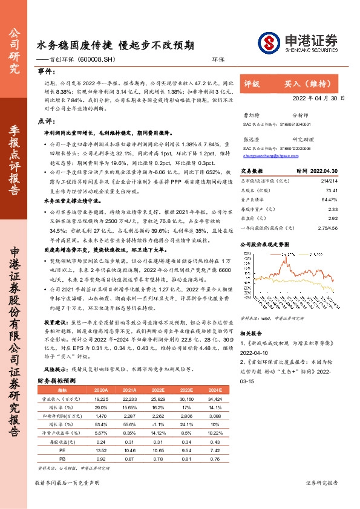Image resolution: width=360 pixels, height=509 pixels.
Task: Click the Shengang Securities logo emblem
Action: coord(267,42)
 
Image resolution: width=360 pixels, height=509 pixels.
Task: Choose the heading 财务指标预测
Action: coord(57,381)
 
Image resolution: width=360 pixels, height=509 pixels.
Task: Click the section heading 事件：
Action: coord(47,71)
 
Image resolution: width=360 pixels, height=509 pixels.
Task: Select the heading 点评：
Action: coord(47,121)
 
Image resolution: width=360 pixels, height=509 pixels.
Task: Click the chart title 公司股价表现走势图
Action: coord(266,245)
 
